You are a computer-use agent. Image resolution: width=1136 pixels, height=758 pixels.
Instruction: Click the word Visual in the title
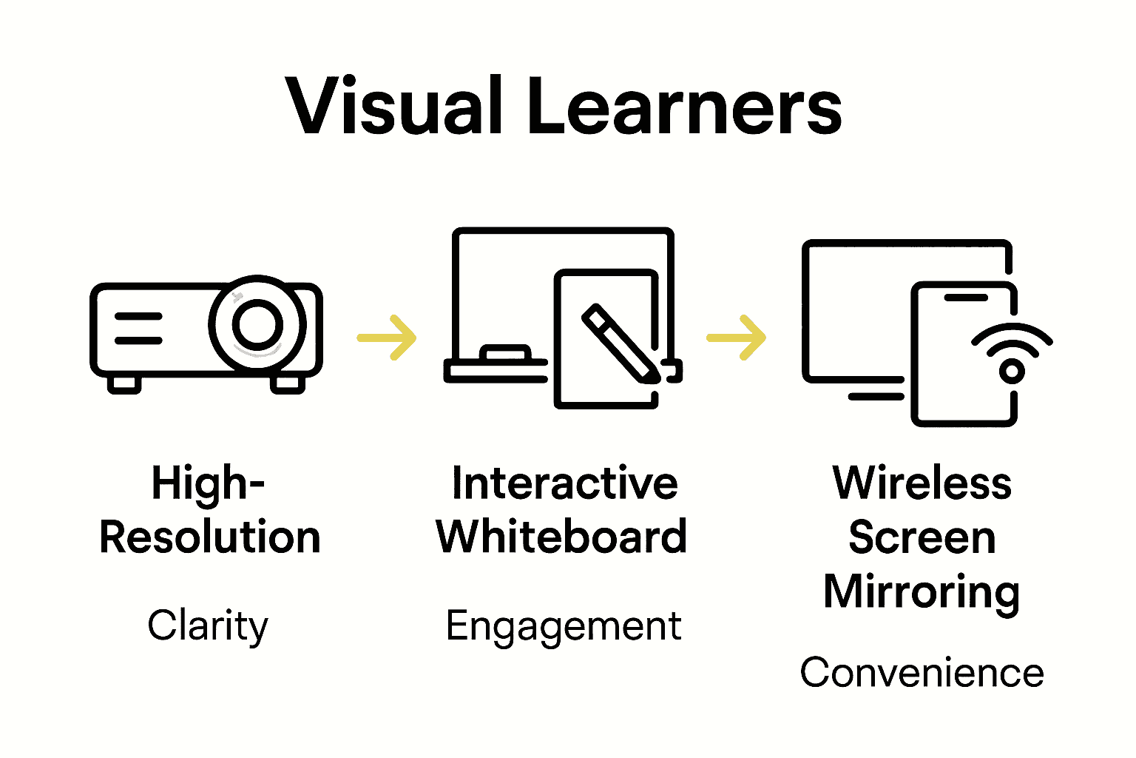point(395,108)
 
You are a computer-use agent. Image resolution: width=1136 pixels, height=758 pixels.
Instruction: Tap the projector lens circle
point(257,324)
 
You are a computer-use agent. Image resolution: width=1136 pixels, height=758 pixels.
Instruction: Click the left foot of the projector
point(124,384)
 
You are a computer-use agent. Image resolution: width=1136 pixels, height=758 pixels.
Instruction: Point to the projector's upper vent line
point(138,316)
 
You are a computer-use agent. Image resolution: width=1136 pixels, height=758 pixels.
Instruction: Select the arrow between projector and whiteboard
point(387,338)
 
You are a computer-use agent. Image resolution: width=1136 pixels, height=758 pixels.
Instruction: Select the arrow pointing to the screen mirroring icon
point(737,338)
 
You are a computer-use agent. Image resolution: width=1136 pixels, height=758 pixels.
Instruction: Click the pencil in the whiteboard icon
point(621,343)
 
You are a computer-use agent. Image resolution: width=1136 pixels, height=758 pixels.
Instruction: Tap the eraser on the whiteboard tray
point(505,352)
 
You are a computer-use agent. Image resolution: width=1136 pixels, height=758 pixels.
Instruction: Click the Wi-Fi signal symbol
point(1012,352)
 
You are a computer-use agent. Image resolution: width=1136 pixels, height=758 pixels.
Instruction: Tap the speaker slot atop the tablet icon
point(965,298)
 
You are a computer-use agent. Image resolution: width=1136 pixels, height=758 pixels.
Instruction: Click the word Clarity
point(208,626)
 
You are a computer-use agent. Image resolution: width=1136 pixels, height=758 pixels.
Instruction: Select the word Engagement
point(564,627)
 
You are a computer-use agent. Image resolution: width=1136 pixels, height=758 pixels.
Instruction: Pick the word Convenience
point(922,673)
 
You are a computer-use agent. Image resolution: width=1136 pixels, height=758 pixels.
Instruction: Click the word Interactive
point(564,483)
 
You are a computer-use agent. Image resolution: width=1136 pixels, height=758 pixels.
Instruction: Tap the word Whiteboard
point(561,537)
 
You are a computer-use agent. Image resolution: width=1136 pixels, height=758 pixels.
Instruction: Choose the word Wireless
point(922,483)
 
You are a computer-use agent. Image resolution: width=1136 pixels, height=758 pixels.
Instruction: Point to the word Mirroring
point(922,592)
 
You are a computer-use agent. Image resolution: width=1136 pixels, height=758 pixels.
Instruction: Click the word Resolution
point(210,537)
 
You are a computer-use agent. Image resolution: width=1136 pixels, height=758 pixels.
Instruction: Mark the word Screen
point(922,537)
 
